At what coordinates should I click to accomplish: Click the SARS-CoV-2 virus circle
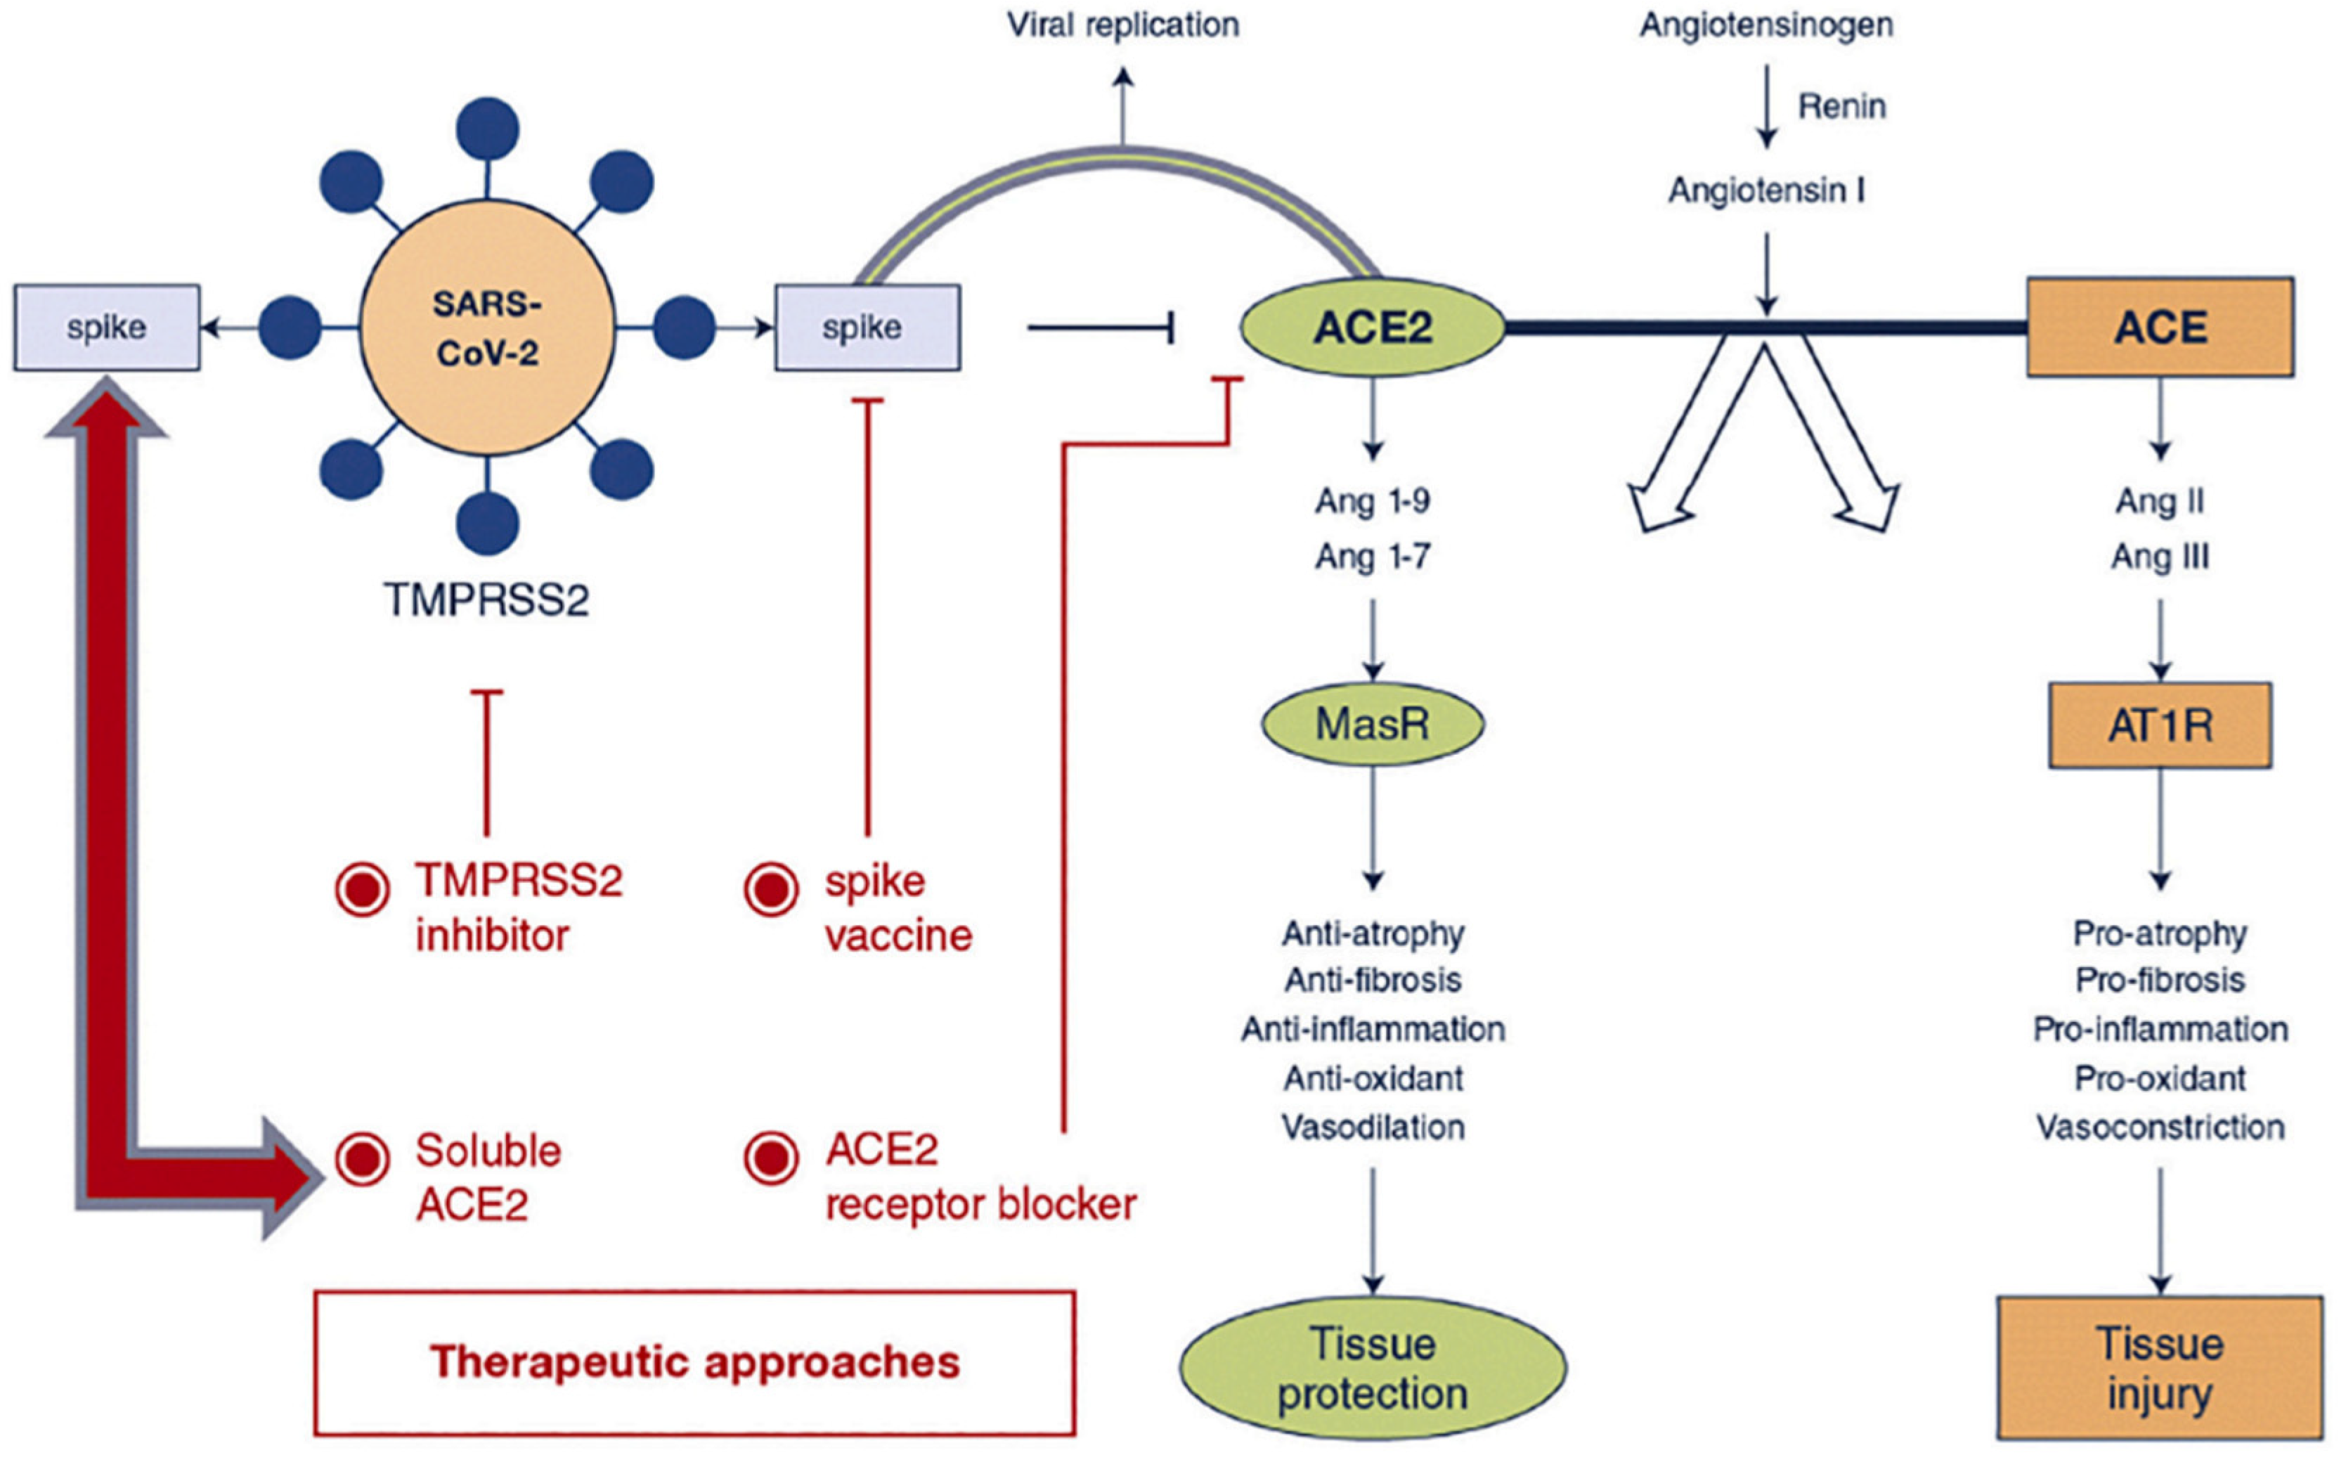click(486, 328)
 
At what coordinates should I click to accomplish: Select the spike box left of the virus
click(107, 328)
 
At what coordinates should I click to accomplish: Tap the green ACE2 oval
click(1372, 328)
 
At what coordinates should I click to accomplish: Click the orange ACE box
click(2160, 328)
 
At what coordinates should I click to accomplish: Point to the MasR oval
click(1372, 724)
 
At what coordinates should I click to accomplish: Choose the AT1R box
click(2160, 725)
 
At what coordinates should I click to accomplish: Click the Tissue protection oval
click(1372, 1368)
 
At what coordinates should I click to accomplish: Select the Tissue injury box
click(2160, 1368)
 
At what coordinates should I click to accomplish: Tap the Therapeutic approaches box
click(694, 1362)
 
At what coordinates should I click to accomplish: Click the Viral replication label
click(1123, 25)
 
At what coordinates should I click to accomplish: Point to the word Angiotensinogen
click(1766, 25)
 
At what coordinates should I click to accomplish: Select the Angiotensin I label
click(1766, 190)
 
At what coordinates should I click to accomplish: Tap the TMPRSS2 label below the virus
click(486, 600)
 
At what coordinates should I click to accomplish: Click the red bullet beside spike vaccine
click(771, 888)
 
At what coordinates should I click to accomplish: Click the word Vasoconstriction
click(2160, 1127)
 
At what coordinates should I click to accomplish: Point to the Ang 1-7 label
click(1372, 557)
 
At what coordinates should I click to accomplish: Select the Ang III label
click(2160, 557)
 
